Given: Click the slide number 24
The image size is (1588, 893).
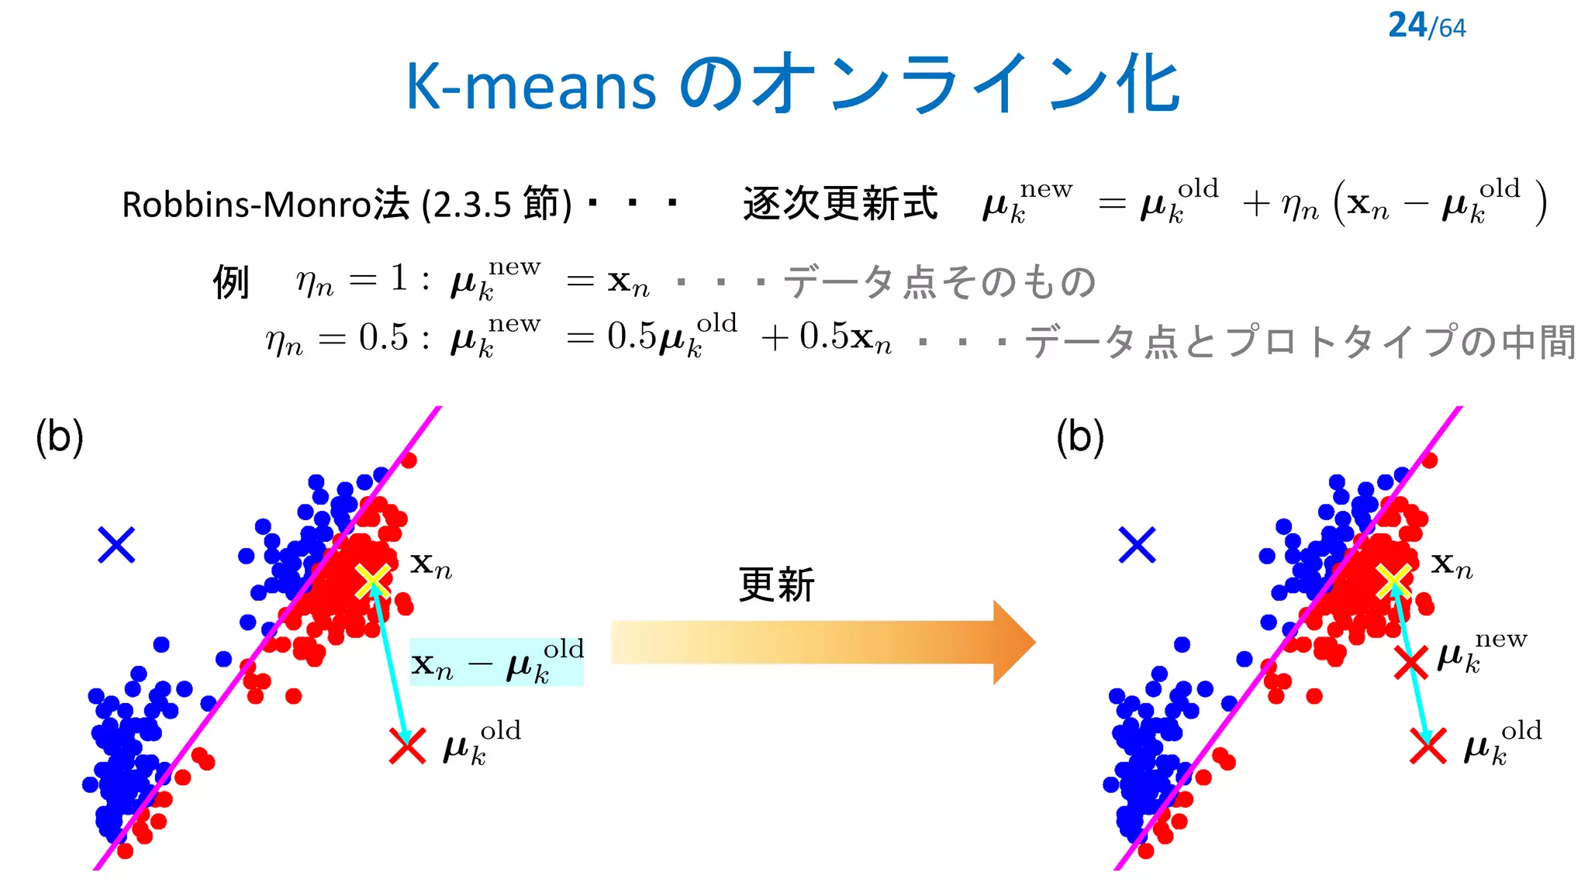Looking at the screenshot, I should [x=1407, y=26].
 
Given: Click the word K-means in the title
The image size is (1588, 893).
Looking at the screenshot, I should [x=531, y=86].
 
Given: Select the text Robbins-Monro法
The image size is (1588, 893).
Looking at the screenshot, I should [x=265, y=205].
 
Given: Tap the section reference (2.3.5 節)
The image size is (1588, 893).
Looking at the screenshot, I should [x=497, y=205].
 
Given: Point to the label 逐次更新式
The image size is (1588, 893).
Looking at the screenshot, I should [x=840, y=204].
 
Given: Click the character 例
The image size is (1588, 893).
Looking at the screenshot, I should [x=231, y=282].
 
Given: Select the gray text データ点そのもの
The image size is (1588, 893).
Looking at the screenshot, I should [x=940, y=282].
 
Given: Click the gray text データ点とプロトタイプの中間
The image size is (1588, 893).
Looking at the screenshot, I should [x=1301, y=342].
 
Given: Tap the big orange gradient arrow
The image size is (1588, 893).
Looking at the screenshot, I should [x=822, y=642].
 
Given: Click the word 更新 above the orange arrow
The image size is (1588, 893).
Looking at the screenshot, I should [x=777, y=584].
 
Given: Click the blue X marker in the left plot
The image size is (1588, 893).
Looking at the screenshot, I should [x=116, y=544].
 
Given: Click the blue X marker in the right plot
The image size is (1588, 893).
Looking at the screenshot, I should [x=1137, y=544].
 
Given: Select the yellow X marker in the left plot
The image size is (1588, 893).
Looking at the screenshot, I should [x=373, y=581].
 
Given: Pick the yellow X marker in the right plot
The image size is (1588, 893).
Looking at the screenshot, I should [x=1393, y=581].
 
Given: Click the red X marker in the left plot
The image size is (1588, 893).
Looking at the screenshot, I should [x=407, y=746].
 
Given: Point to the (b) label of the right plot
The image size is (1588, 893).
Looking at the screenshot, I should [x=1080, y=437].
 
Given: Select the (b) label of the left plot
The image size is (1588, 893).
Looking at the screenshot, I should [x=60, y=437].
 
